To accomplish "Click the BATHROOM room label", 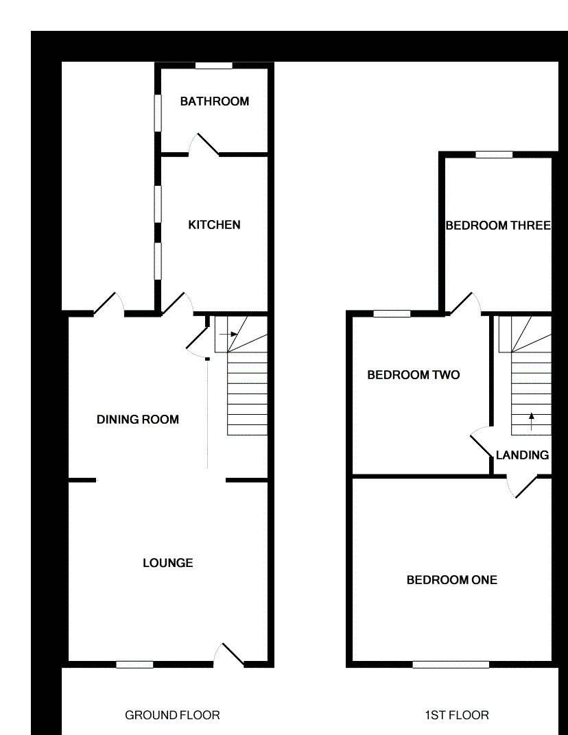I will pos(214,101).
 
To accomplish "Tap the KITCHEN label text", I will pos(214,225).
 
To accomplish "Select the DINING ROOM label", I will pos(137,420).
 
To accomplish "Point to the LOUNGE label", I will pos(167,563).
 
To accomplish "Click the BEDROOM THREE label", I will pos(498,226).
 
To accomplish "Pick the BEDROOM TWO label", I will pos(413,375).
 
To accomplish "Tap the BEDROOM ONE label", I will pos(451,580).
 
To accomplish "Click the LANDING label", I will pos(522,455).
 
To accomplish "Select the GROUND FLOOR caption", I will pos(172,715).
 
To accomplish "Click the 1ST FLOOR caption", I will pos(456,715).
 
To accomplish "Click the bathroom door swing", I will pos(204,143).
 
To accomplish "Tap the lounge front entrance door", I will pos(230,654).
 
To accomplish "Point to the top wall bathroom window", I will pos(213,66).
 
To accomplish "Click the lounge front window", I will pos(134,664).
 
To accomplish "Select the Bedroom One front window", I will pos(451,664).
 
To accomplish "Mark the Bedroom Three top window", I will pos(494,155).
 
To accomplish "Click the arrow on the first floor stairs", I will pos(531,420).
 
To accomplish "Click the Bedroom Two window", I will pos(392,314).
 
